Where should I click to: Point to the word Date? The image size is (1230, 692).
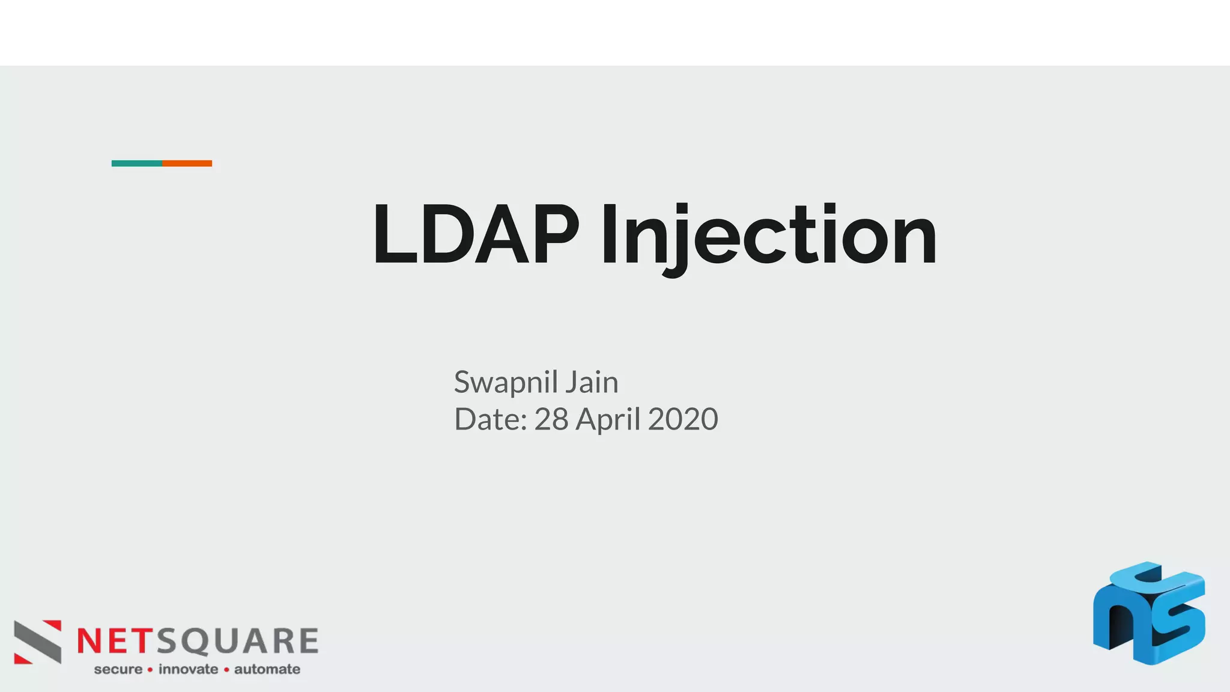(x=490, y=419)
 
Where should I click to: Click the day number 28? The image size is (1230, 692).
(x=551, y=419)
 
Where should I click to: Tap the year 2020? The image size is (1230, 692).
(x=683, y=419)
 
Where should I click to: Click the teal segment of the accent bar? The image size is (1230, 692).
(x=137, y=163)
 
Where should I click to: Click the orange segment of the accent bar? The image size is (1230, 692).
(x=187, y=163)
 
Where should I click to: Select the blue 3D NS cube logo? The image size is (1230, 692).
(x=1149, y=613)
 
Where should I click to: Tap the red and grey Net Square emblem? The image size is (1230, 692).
(x=38, y=642)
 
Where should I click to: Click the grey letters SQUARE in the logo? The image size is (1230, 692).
(x=238, y=641)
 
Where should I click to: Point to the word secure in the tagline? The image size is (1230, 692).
(x=118, y=669)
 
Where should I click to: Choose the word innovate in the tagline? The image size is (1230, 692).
(x=188, y=669)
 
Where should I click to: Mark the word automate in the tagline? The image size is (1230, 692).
(x=267, y=669)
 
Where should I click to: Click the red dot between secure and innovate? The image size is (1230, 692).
(x=150, y=670)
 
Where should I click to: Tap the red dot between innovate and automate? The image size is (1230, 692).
(x=226, y=670)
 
